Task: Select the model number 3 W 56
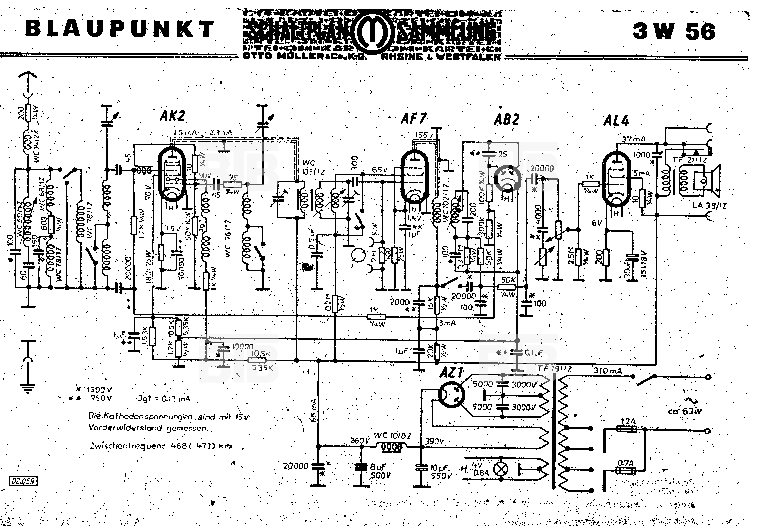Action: [674, 32]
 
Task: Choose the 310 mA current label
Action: [608, 370]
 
